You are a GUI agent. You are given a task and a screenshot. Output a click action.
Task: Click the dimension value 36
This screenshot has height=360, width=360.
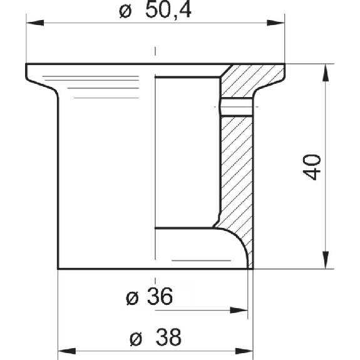[160, 296]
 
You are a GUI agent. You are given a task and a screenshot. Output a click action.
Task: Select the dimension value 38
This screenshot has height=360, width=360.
[168, 337]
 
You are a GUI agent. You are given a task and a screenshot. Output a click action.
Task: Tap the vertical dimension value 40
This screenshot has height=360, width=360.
[312, 167]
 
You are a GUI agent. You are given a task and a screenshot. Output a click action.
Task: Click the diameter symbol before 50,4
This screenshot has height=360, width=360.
[125, 11]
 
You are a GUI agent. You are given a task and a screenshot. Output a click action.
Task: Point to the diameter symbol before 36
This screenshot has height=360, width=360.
[132, 298]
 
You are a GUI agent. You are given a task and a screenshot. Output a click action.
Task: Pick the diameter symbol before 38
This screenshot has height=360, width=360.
[136, 339]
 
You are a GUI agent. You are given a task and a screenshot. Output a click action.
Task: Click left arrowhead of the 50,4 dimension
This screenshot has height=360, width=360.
[35, 23]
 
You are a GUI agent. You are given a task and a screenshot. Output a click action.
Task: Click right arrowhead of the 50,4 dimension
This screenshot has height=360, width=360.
[275, 23]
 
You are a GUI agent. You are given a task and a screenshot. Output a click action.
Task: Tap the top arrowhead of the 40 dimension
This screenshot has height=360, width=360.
[326, 73]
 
